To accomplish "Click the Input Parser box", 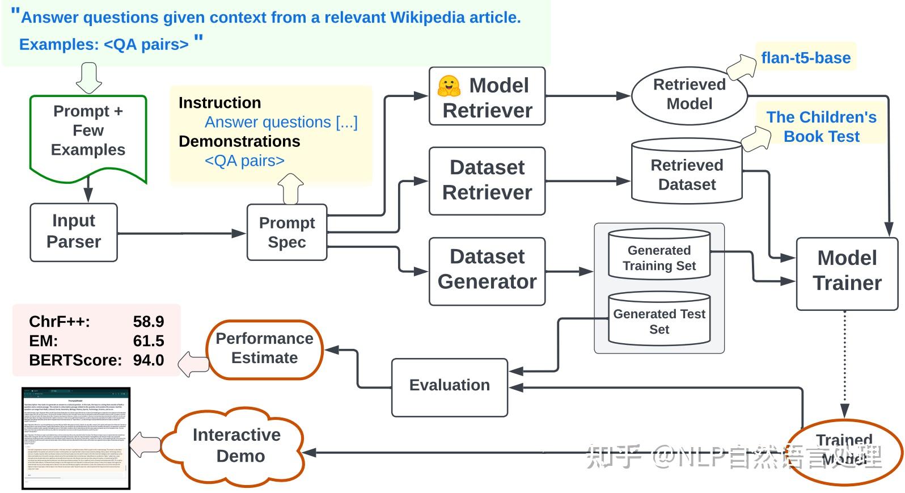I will [74, 232].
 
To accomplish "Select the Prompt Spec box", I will [287, 233].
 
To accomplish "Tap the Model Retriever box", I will [487, 96].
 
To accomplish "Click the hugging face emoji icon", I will [449, 86].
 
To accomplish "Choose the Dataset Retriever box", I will [487, 180].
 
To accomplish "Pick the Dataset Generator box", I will [487, 270].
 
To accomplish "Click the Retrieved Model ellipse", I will [689, 95].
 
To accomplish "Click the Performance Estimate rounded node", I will [265, 349].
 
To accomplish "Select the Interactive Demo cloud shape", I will [237, 446].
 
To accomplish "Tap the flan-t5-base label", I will [806, 58].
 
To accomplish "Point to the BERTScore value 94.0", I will [149, 360].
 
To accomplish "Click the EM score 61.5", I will [149, 341].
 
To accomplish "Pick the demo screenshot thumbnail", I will [76, 438].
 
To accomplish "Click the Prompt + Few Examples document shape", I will [88, 133].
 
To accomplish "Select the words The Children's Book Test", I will [821, 127].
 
